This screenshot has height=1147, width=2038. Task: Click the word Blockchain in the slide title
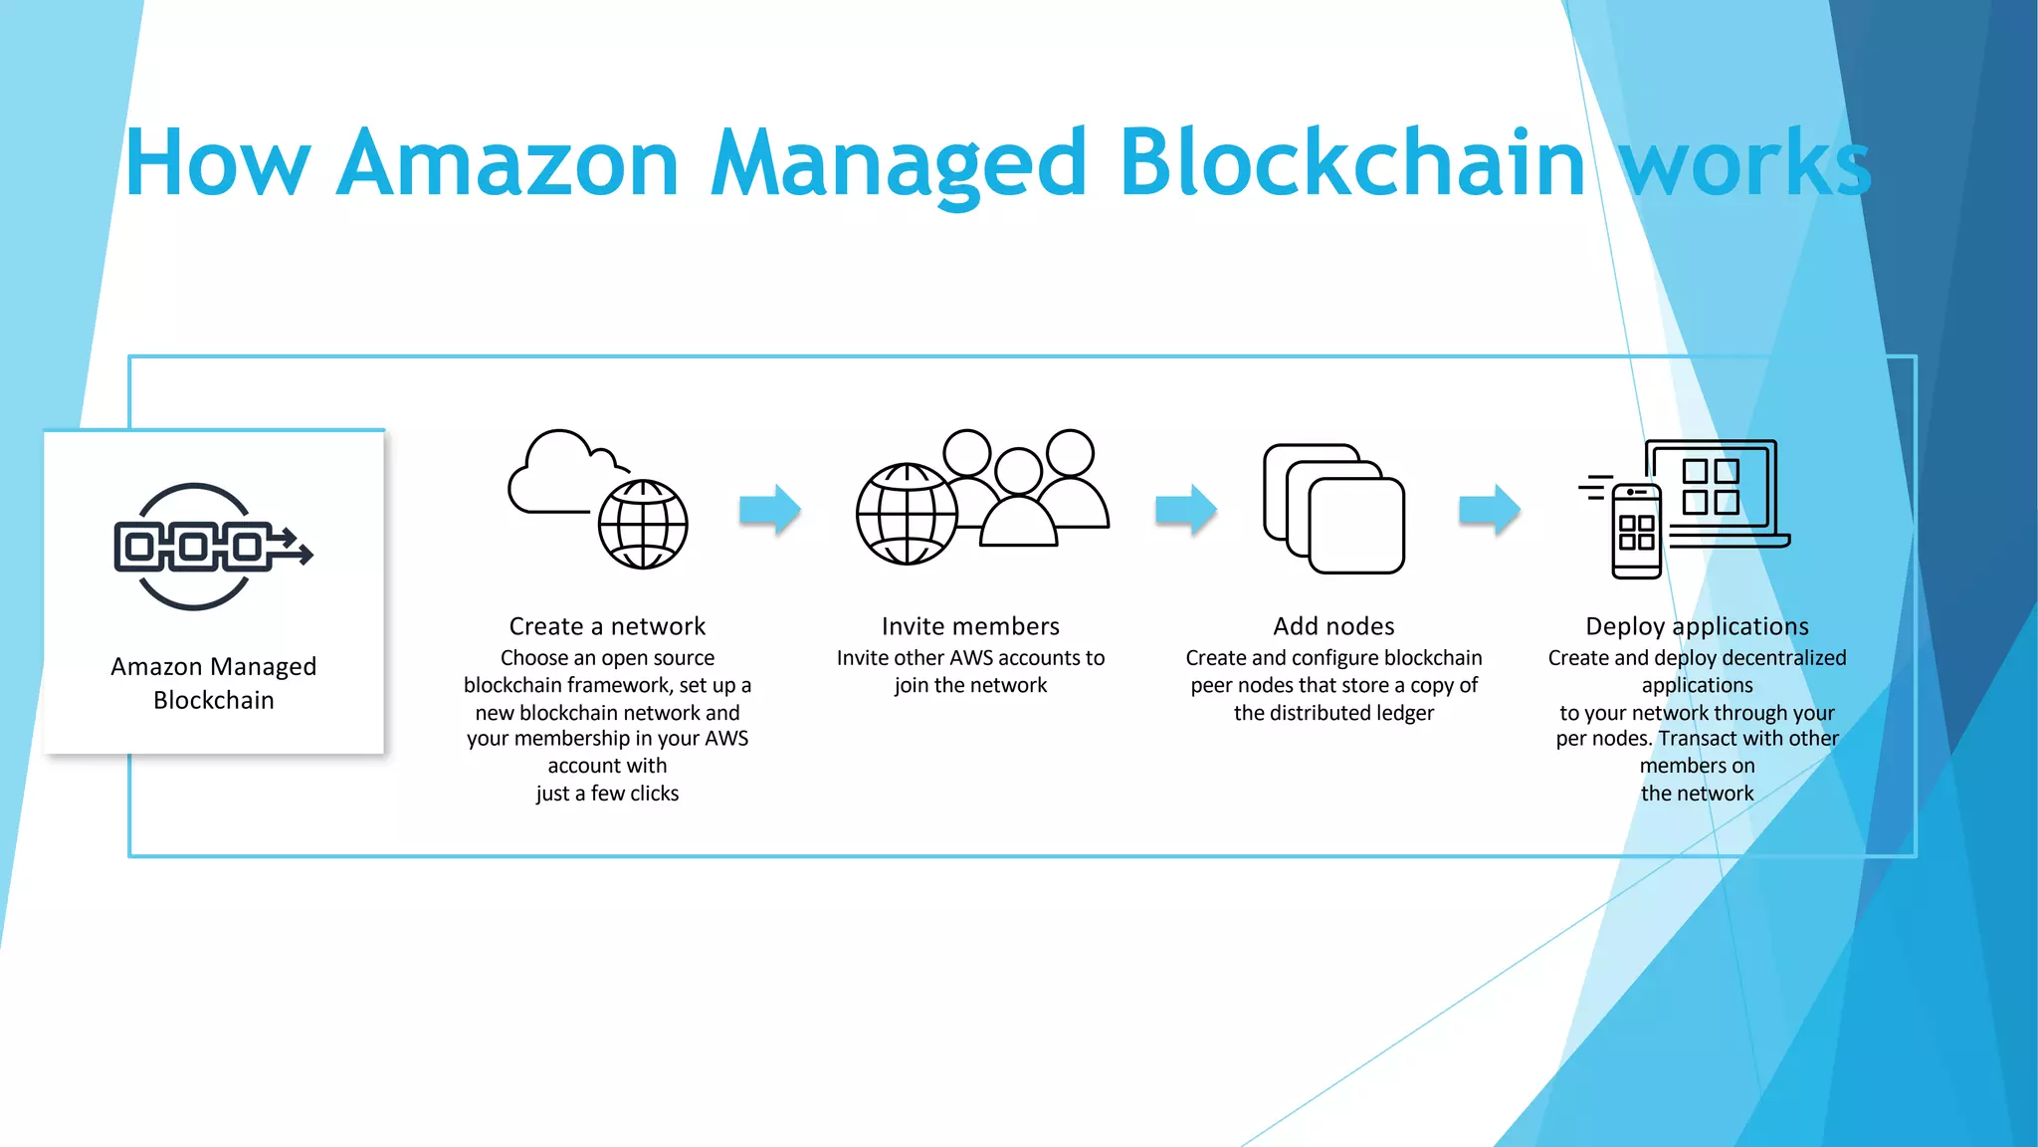[1351, 163]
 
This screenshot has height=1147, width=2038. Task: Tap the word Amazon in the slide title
[508, 163]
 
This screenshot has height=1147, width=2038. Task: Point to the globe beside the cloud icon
[643, 524]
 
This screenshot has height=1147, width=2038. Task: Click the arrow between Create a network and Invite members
[770, 510]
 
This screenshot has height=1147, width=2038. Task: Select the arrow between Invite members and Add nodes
[1185, 510]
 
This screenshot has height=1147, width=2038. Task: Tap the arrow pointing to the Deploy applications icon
[1489, 510]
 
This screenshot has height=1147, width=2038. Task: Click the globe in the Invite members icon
[907, 515]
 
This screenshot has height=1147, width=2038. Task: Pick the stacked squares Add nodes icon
[1333, 509]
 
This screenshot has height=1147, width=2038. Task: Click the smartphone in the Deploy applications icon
[1636, 532]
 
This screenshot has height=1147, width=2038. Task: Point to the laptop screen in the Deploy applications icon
[1711, 485]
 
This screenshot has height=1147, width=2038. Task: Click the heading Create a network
[607, 626]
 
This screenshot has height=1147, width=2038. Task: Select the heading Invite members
[970, 626]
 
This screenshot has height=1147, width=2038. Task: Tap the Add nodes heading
[1333, 626]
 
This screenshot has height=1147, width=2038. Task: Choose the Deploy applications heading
[1697, 626]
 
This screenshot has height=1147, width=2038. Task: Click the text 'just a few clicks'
[607, 794]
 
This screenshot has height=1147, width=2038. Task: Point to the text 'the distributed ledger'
[1333, 713]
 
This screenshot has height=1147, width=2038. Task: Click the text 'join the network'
[970, 685]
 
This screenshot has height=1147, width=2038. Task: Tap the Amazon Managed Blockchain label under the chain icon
[214, 683]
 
